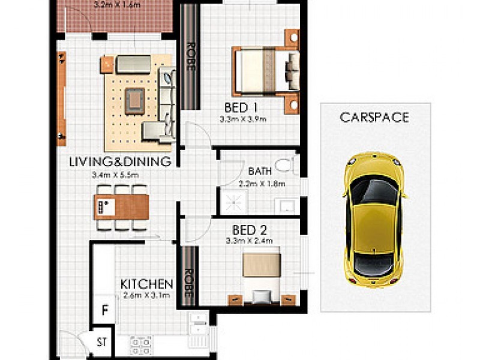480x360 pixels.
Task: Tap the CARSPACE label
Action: click(374, 118)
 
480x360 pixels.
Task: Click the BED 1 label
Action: click(241, 108)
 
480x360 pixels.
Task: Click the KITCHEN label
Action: click(147, 283)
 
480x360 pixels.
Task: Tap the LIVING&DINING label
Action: click(120, 161)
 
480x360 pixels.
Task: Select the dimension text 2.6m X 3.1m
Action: click(147, 295)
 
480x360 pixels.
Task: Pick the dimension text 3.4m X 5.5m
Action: click(120, 175)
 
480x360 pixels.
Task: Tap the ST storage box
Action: click(102, 343)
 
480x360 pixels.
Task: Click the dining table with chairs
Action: click(122, 208)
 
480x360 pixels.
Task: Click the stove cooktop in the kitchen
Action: click(142, 344)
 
